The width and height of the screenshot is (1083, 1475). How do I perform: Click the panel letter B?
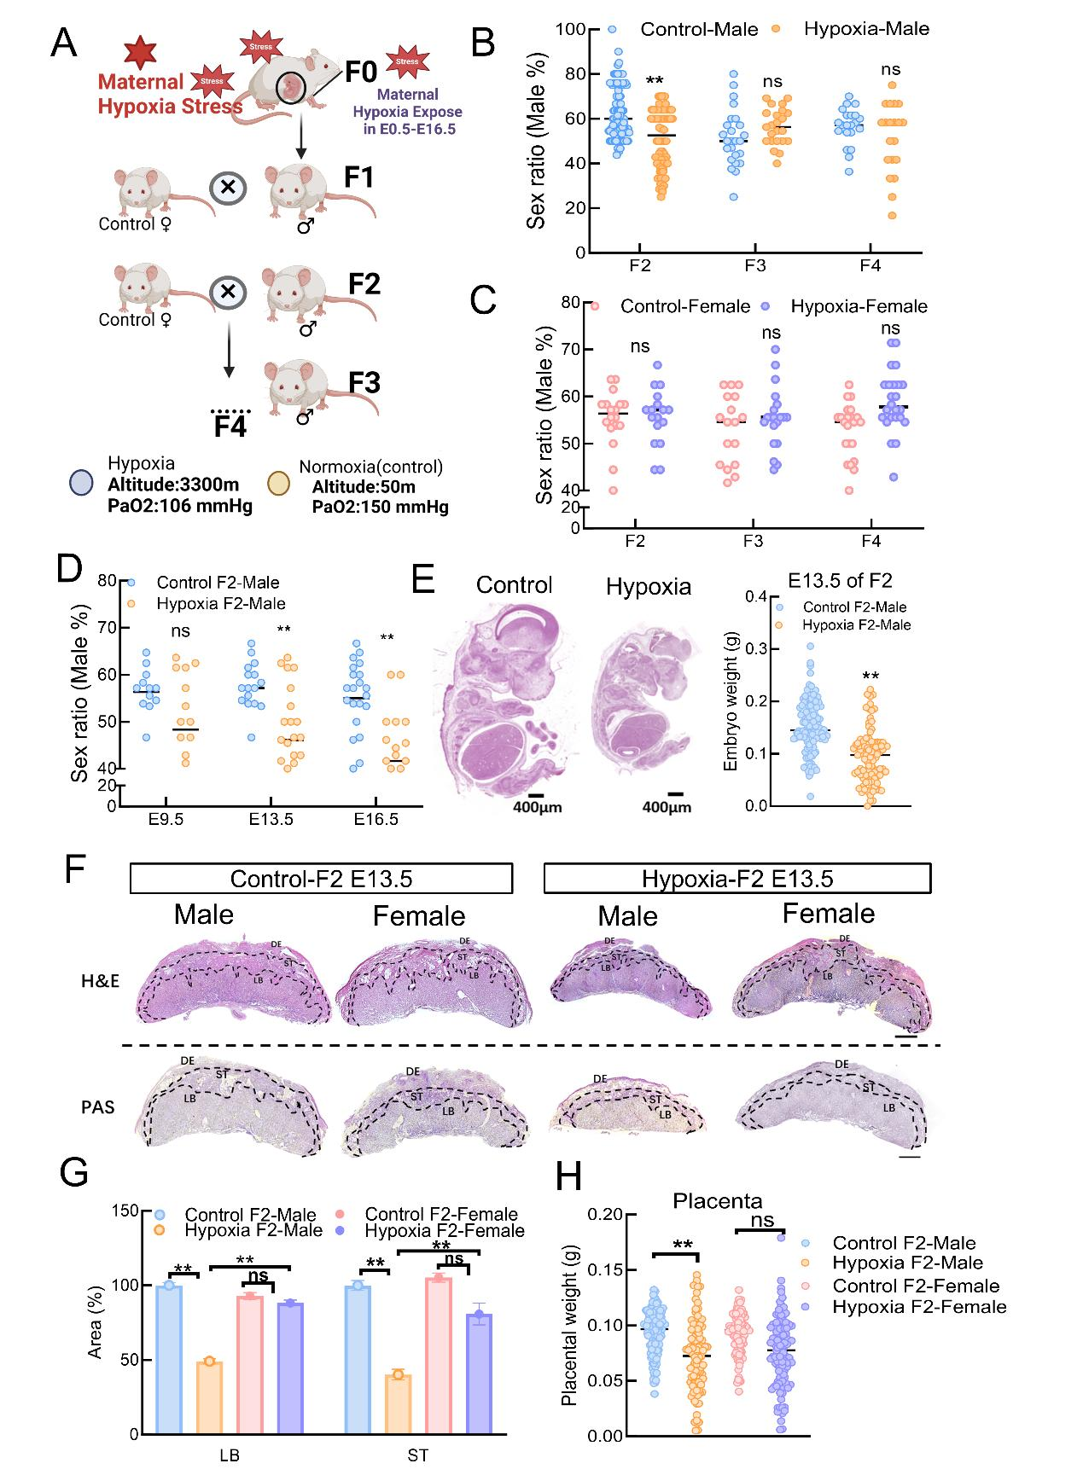tap(483, 43)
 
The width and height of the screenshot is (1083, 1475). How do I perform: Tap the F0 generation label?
tap(361, 72)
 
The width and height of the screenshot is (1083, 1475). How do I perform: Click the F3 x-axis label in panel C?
tap(753, 542)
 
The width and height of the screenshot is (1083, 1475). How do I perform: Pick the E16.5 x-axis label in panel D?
tap(376, 820)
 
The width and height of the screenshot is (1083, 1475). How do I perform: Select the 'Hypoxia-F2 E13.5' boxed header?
tap(737, 879)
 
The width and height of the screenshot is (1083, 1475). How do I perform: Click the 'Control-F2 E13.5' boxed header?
tap(321, 879)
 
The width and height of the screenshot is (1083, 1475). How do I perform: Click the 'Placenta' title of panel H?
tap(717, 1202)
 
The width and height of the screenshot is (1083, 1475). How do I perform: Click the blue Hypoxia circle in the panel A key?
tap(81, 482)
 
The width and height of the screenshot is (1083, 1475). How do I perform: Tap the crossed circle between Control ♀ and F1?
tap(228, 187)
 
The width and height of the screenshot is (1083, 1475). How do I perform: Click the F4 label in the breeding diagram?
tap(230, 425)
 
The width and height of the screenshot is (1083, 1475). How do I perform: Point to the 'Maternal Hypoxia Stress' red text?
tap(170, 94)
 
